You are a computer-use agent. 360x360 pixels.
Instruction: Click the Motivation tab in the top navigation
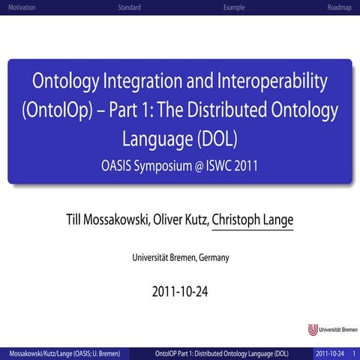[x=21, y=7]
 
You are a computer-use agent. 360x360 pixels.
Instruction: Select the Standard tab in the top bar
[x=129, y=7]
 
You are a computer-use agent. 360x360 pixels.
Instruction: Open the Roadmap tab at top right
[x=339, y=7]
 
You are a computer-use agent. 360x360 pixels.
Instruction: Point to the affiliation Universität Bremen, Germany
[x=180, y=258]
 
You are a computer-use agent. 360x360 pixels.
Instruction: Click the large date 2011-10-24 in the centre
[x=180, y=291]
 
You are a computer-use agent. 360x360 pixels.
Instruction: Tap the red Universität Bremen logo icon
[x=313, y=330]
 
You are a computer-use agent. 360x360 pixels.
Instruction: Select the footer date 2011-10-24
[x=330, y=352]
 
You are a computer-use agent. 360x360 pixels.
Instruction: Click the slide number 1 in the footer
[x=353, y=352]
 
